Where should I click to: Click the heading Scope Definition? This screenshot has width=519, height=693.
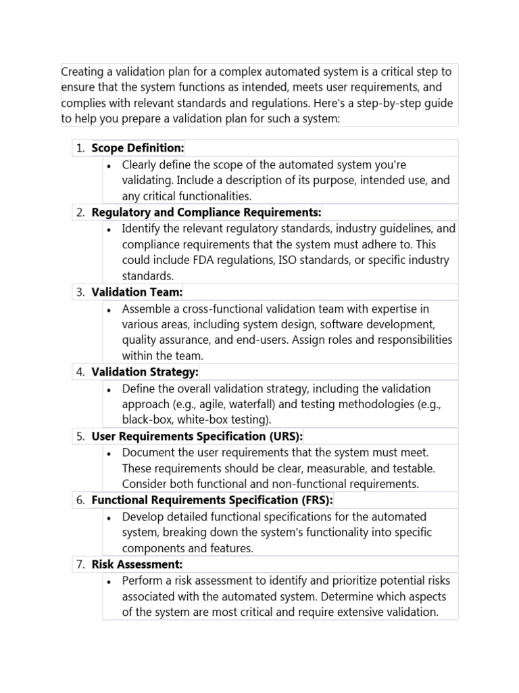137,148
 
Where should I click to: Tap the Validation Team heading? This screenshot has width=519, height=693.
137,292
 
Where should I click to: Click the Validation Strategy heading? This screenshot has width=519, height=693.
145,372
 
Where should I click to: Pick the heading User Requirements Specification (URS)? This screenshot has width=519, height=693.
197,437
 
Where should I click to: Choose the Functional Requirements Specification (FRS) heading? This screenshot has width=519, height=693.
212,500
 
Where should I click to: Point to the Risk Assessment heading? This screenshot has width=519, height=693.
137,564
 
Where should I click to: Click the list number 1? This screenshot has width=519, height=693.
80,148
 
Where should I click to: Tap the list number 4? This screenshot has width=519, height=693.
80,372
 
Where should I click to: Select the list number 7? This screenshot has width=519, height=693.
80,564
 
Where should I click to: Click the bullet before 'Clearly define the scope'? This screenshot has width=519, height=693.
109,165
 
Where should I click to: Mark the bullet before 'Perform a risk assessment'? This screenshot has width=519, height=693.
109,581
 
